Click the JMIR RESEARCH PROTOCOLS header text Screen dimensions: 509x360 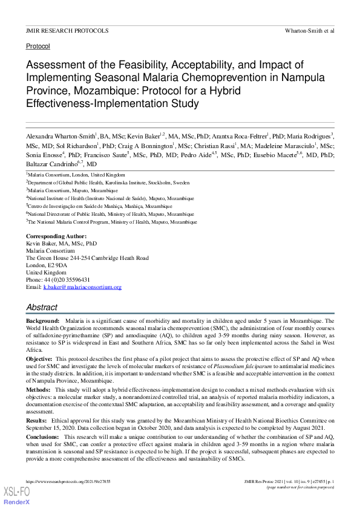point(67,30)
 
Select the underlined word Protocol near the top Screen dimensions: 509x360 point(38,46)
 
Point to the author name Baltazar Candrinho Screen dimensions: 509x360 point(52,164)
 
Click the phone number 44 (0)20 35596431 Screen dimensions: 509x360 point(67,280)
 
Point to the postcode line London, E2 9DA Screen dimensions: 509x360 point(47,265)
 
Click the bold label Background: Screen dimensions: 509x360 point(42,321)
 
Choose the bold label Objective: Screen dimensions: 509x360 point(39,359)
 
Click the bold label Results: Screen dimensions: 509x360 point(36,420)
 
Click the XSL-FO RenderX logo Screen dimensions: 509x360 point(16,496)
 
